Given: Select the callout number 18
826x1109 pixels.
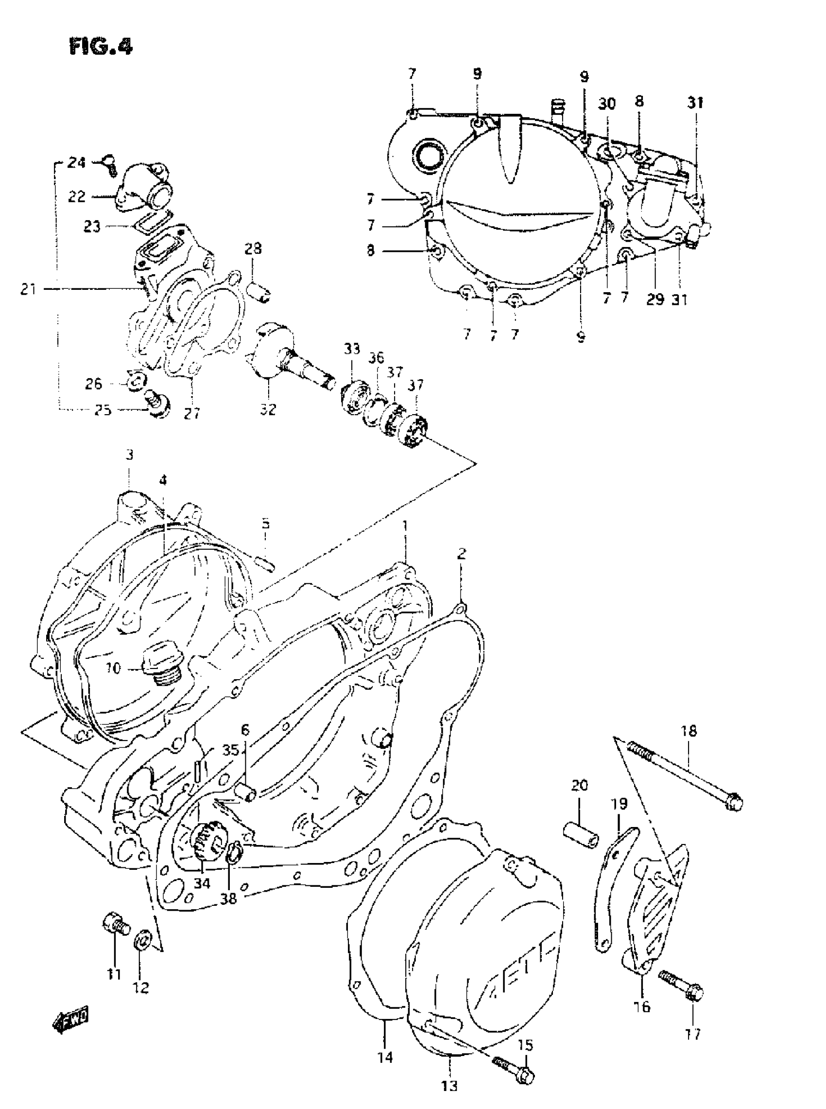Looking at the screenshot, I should (x=688, y=731).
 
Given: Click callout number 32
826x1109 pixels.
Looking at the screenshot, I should (x=268, y=409).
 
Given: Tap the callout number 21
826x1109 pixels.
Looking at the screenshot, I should (x=28, y=289).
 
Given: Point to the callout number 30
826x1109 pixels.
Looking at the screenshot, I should (x=607, y=104).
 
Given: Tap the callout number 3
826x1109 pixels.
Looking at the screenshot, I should (x=130, y=455).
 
